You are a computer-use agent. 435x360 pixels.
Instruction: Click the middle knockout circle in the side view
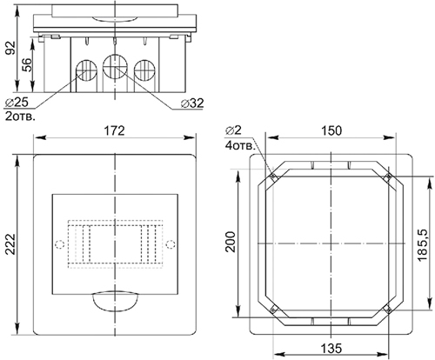113,67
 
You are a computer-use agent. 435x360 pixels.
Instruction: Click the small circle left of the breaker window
60,243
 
